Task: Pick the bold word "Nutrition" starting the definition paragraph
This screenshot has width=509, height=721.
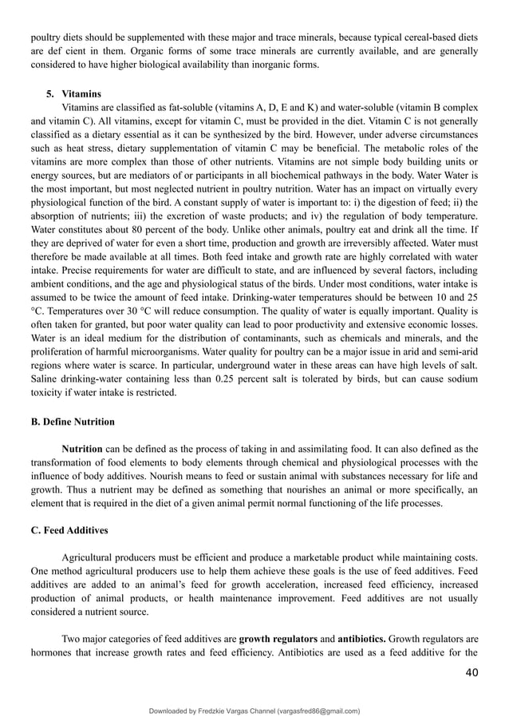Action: tap(82, 449)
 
